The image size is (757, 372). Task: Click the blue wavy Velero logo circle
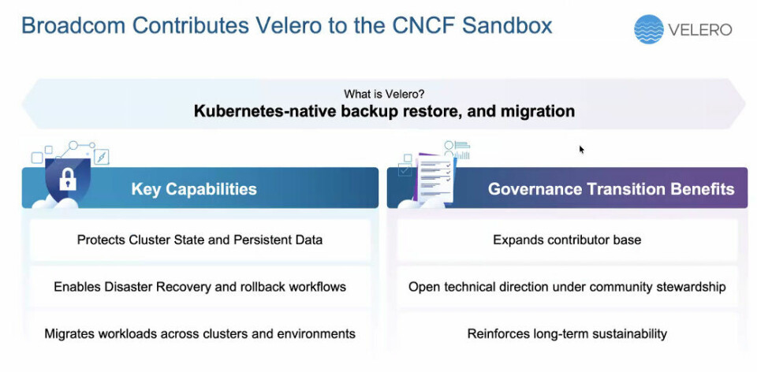click(x=649, y=29)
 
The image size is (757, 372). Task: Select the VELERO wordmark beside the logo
click(x=700, y=30)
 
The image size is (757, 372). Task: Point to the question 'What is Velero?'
click(x=384, y=94)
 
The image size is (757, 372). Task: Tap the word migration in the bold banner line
click(x=537, y=111)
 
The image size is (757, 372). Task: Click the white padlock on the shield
click(x=68, y=180)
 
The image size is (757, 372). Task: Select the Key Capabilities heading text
click(x=194, y=188)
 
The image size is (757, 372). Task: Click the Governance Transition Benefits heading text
click(x=611, y=188)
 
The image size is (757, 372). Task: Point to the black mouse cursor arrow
click(x=582, y=150)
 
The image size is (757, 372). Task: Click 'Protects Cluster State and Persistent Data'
click(x=200, y=240)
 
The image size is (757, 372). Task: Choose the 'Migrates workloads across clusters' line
click(x=200, y=334)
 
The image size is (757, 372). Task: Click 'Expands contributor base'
click(x=567, y=240)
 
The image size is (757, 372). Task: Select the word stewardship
click(x=691, y=287)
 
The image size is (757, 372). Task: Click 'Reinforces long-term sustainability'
click(x=567, y=334)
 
